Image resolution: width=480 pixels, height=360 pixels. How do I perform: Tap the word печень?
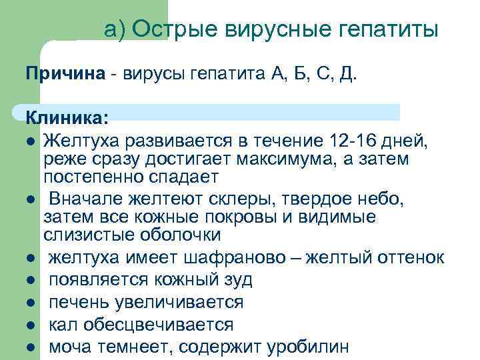pyautogui.click(x=79, y=302)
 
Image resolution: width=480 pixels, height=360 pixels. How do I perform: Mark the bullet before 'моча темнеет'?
pyautogui.click(x=31, y=347)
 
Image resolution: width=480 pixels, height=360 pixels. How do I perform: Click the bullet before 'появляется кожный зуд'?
pyautogui.click(x=31, y=279)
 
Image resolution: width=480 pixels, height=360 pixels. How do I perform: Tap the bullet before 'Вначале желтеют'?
pyautogui.click(x=31, y=199)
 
